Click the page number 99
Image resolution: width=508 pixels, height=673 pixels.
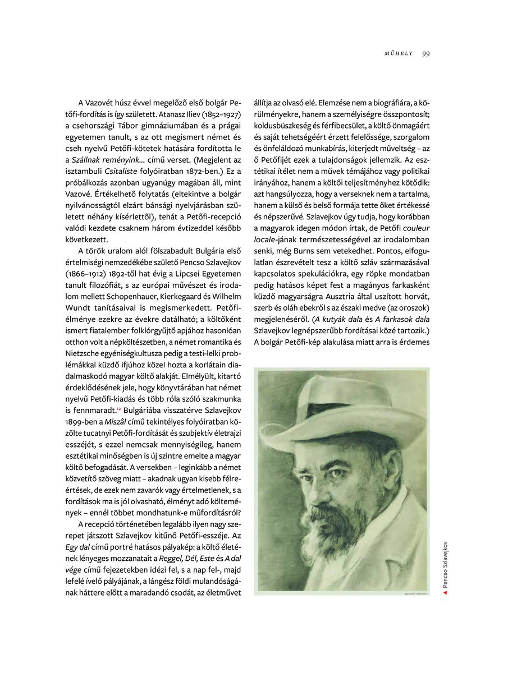pyautogui.click(x=425, y=53)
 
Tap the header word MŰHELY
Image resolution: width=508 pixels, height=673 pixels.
pyautogui.click(x=399, y=53)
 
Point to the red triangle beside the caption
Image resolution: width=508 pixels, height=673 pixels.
pyautogui.click(x=445, y=593)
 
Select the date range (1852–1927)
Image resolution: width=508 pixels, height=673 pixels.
pyautogui.click(x=212, y=114)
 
